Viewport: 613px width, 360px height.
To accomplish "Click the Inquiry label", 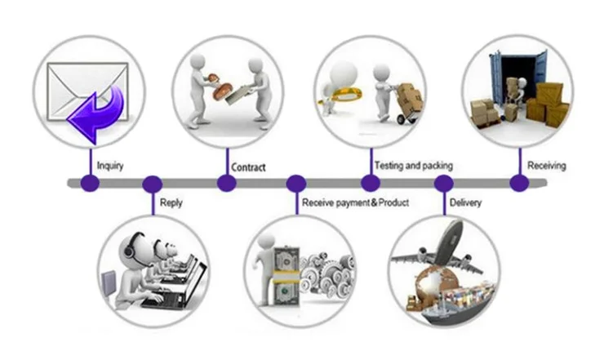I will click(110, 167).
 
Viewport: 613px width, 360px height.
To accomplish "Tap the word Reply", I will click(171, 202).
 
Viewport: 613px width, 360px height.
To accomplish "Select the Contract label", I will click(249, 167).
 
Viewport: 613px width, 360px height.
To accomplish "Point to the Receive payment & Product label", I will click(355, 202).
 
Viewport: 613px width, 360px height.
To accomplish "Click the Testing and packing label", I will click(413, 166).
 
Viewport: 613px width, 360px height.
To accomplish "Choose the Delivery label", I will click(465, 202).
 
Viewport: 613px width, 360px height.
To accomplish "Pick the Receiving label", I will click(546, 166).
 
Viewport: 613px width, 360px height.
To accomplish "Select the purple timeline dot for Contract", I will click(226, 183).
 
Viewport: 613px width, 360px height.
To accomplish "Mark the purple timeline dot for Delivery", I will click(443, 183).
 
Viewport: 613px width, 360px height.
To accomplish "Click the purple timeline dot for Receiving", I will click(518, 183).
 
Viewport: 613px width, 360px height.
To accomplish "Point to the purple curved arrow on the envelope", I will click(98, 115).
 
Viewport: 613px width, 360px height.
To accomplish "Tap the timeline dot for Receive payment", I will click(296, 183).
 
